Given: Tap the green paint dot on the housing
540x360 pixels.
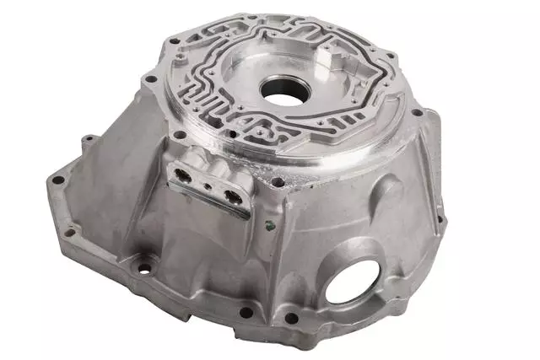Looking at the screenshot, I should tap(267, 225).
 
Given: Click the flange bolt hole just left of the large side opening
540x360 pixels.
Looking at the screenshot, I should tap(291, 318).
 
